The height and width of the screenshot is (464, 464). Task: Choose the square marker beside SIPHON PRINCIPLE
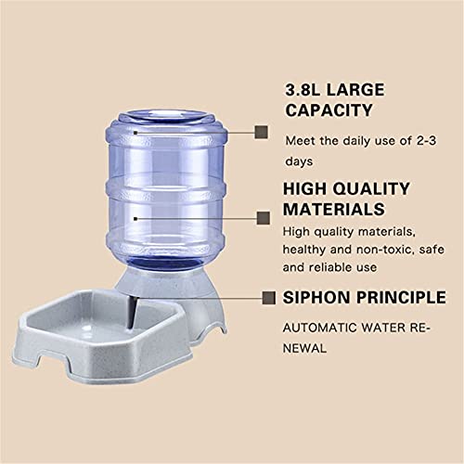pyautogui.click(x=267, y=298)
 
